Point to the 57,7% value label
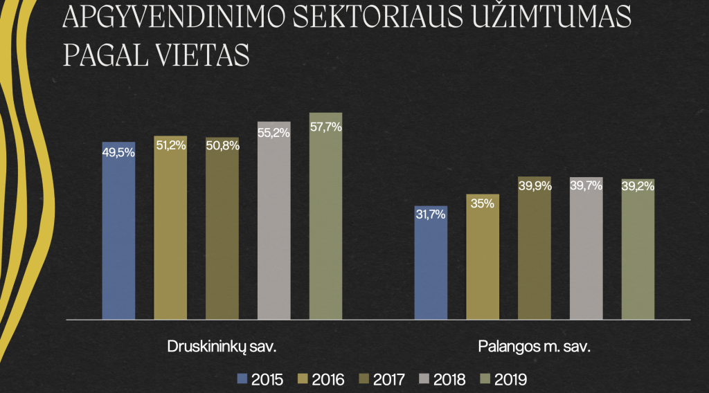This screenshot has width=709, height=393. (325, 127)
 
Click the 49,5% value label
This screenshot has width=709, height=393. (118, 153)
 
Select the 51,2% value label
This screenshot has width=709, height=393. (170, 146)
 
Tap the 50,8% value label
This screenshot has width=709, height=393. (222, 146)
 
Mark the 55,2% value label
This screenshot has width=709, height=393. (273, 133)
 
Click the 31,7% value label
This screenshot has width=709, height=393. (431, 214)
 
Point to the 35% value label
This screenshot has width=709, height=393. (483, 203)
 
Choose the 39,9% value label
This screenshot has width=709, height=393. (535, 186)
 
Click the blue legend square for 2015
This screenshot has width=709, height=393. (242, 379)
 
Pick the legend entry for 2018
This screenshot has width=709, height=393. (443, 379)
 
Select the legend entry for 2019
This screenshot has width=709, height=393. (505, 379)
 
